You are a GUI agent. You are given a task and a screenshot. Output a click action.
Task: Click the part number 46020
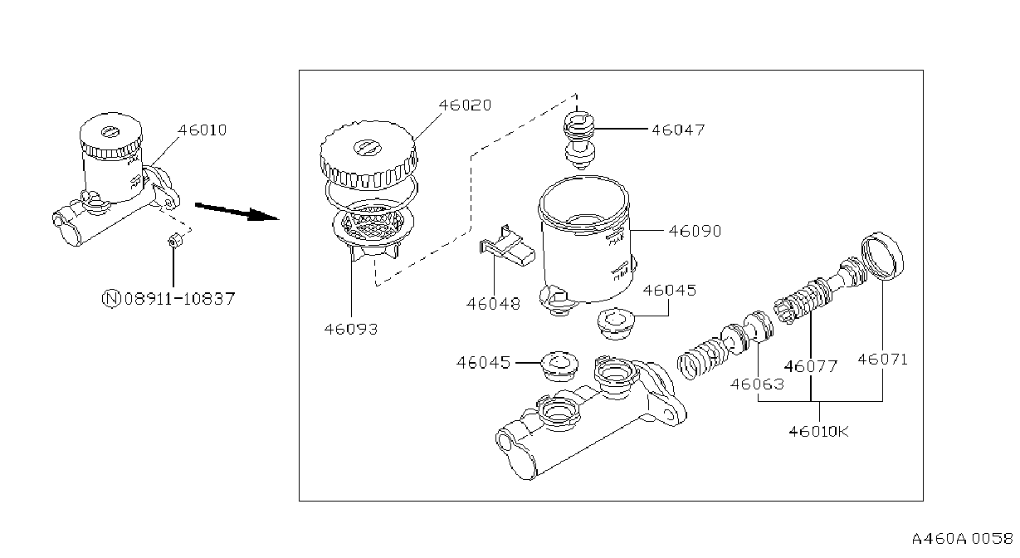[x=465, y=105]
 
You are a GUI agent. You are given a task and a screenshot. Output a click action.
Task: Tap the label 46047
[x=678, y=130]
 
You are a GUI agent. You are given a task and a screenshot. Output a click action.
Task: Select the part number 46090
[x=695, y=232]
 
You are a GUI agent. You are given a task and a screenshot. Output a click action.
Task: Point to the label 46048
[x=493, y=304]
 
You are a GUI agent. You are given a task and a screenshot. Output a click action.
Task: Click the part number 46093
[x=351, y=329]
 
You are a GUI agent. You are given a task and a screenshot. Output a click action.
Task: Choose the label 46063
[x=757, y=384]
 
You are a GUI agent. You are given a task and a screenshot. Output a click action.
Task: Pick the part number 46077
[x=811, y=366]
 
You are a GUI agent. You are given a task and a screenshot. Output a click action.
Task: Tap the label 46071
[x=882, y=360]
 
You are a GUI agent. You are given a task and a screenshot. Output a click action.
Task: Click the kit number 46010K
[x=818, y=431]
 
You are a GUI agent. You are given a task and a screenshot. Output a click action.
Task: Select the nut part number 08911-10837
[x=179, y=299]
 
